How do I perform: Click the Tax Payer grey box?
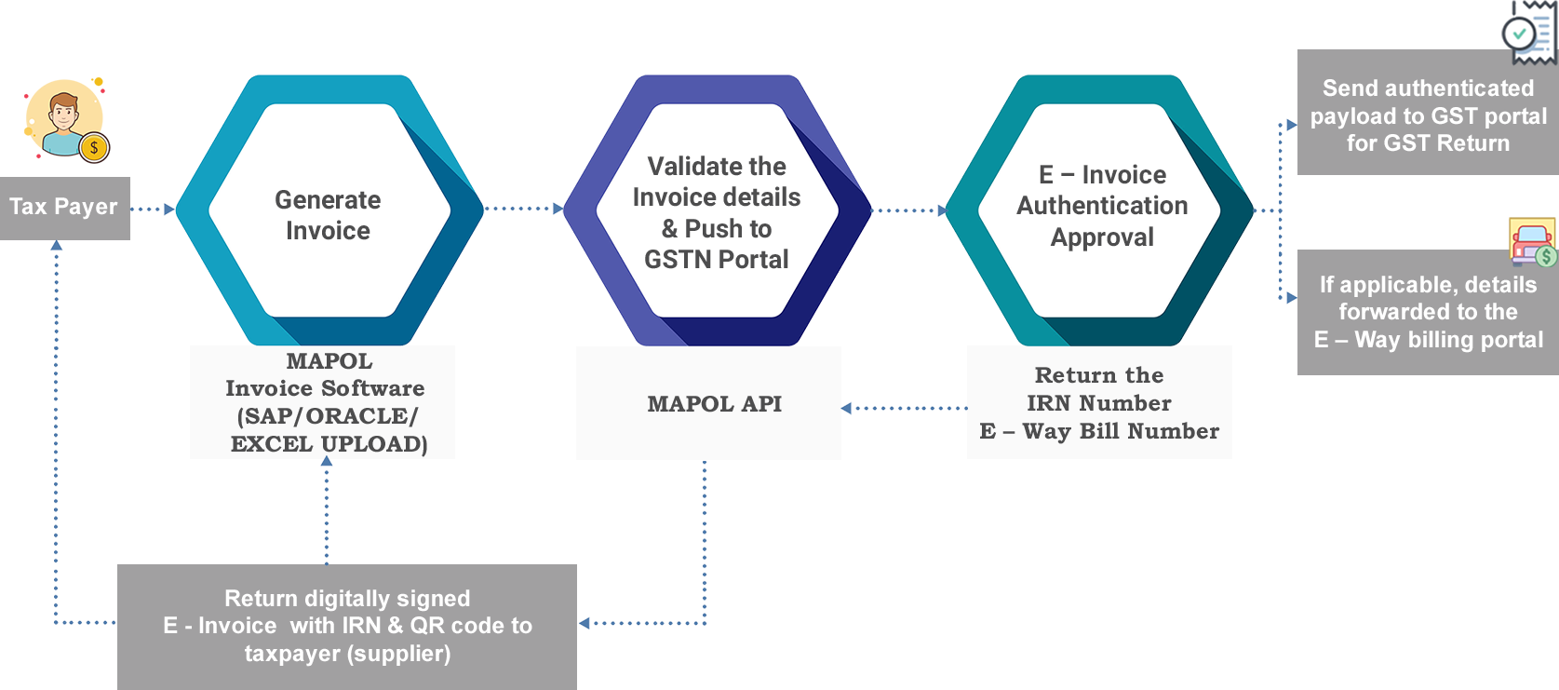tap(65, 209)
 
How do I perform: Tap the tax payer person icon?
tap(66, 120)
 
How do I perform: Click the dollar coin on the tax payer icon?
tap(94, 148)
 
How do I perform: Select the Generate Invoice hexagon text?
tap(328, 215)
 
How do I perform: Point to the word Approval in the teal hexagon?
tap(1102, 237)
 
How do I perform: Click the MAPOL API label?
tap(715, 404)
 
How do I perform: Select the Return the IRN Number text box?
tap(1099, 402)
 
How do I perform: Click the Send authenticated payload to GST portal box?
tap(1428, 112)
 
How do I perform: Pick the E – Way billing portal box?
tap(1428, 312)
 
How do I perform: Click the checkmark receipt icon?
tap(1528, 32)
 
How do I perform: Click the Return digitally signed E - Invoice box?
tap(346, 627)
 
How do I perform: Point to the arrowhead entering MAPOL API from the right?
tap(846, 408)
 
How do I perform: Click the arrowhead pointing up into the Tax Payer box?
tap(57, 245)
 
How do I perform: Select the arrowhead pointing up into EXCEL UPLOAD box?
tap(327, 461)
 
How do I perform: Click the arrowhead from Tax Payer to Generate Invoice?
tap(169, 209)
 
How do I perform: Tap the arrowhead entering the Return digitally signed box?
tap(584, 623)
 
